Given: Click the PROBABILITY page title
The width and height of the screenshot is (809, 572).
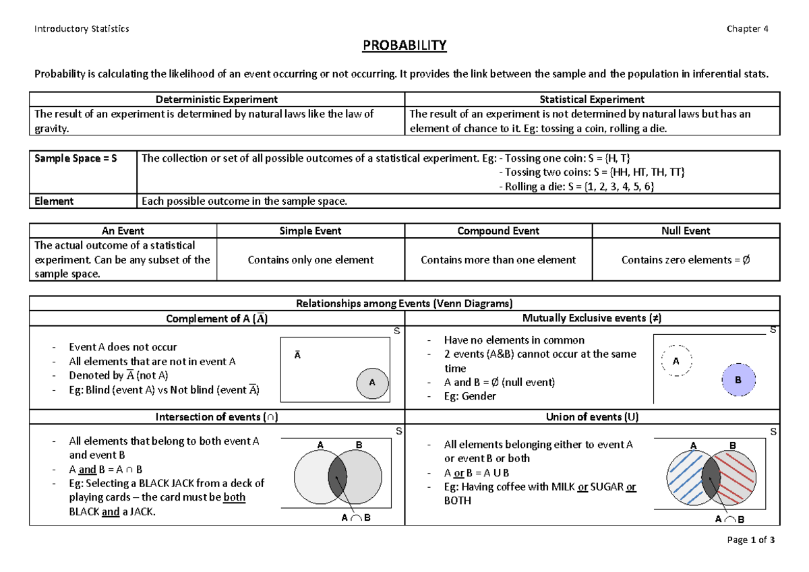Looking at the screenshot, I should click(404, 46).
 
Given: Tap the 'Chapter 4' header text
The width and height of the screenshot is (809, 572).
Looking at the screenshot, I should click(747, 28).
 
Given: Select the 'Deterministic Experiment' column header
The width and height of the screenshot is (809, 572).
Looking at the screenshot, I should click(216, 100).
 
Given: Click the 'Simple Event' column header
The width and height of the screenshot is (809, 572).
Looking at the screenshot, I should click(310, 231).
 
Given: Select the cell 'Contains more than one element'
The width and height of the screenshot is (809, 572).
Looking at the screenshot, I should click(498, 259).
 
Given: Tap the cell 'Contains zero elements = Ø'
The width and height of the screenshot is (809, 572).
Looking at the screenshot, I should click(686, 259).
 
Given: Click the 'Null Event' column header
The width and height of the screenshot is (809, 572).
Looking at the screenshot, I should click(686, 231).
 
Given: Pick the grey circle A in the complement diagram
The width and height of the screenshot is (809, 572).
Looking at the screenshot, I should click(370, 382).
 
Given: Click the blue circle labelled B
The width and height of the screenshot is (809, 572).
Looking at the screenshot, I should click(738, 380).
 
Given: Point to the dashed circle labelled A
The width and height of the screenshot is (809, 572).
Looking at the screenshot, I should click(676, 362).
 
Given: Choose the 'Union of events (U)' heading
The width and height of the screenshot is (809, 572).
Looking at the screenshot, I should click(592, 417).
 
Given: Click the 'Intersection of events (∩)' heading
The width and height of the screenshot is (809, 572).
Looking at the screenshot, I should click(216, 417).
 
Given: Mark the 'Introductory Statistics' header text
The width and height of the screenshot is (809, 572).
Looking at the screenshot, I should click(82, 28).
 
